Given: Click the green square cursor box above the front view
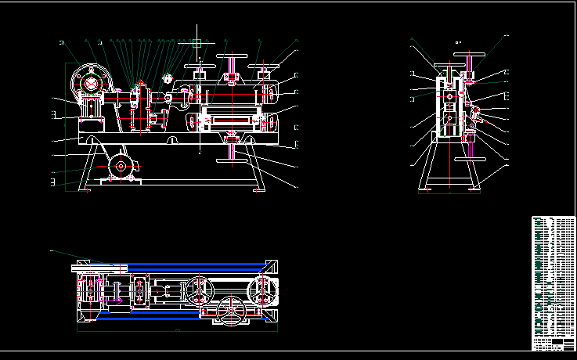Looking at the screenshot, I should (x=197, y=43).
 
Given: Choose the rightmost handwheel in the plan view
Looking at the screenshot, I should (x=261, y=290).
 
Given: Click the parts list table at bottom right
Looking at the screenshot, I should (x=553, y=283).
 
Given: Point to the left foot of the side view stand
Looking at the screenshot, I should (x=426, y=188).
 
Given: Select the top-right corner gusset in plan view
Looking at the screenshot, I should (x=270, y=265).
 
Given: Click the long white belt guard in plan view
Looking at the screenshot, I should (x=99, y=268).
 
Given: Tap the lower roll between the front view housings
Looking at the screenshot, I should (x=232, y=124).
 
